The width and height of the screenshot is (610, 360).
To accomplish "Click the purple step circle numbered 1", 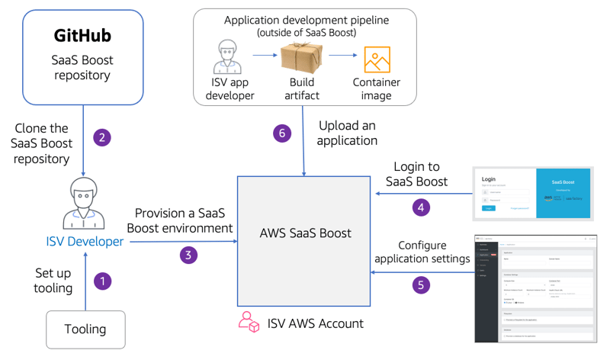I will click(102, 281).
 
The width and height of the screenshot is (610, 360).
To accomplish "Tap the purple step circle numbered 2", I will click(101, 137).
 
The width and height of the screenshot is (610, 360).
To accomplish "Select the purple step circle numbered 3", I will click(188, 254).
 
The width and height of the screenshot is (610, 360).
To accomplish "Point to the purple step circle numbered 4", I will click(420, 207).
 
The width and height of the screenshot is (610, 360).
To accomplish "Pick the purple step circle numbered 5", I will click(420, 285).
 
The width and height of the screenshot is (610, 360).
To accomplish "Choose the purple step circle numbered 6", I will click(283, 133).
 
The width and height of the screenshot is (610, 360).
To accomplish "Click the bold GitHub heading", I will click(82, 36).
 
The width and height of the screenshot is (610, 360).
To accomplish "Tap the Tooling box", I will click(85, 329).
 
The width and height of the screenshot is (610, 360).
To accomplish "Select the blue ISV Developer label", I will click(84, 241).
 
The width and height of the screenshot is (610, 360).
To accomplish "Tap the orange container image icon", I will click(377, 59).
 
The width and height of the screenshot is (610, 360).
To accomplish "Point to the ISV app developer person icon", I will click(230, 58).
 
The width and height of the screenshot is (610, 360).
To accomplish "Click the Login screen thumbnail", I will click(532, 194).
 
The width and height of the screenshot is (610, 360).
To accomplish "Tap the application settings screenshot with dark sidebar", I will click(533, 288).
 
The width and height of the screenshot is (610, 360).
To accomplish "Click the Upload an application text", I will click(348, 133).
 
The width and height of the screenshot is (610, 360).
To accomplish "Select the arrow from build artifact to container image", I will click(342, 55).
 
